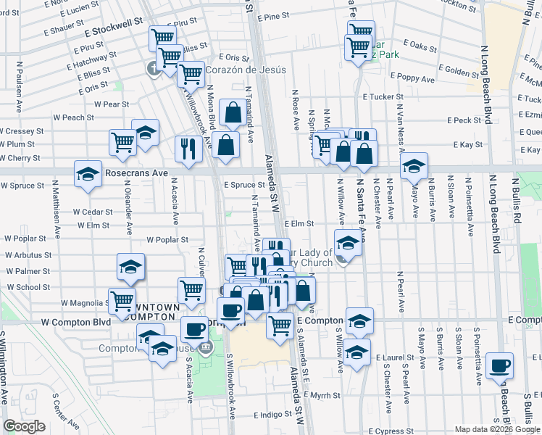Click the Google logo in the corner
pos(25,426)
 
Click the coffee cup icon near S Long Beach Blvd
pos(500,365)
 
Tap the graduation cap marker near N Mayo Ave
pos(414,166)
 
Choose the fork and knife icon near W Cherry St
pos(187,149)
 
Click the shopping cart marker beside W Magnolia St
pos(122,299)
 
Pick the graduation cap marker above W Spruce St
pos(87,174)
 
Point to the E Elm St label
pos(298,225)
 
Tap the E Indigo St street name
pos(272,415)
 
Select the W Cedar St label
pos(92,212)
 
